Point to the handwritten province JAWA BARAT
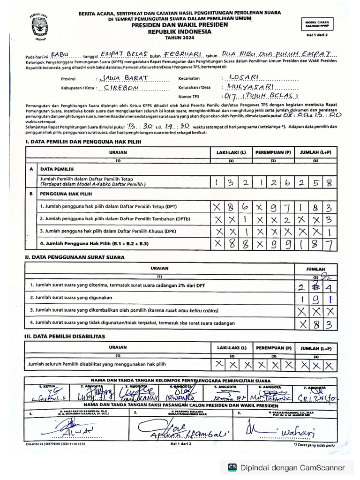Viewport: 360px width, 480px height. click(x=120, y=78)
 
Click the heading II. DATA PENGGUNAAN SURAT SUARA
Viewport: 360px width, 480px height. click(x=75, y=257)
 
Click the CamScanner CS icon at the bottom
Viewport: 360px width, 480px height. click(x=232, y=467)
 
